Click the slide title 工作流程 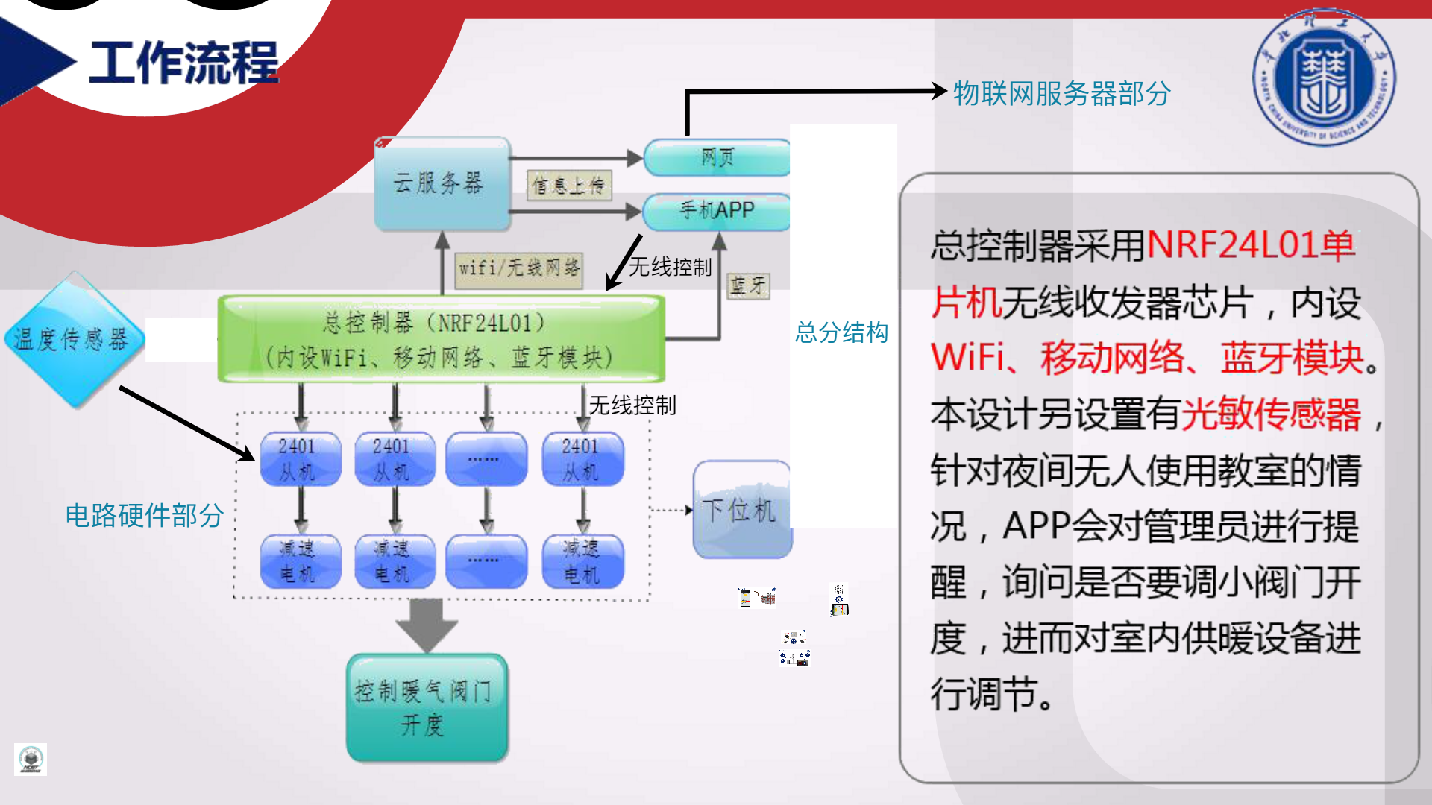tap(183, 63)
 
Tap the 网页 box tap(716, 158)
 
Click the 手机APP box tap(716, 211)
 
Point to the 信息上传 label tap(569, 186)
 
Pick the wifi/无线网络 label tap(519, 268)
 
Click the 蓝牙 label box tap(747, 285)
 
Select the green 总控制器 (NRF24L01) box tap(441, 340)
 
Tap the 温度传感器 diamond tap(73, 340)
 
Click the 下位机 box tap(741, 511)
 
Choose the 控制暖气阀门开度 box tap(427, 708)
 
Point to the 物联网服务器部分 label tap(1061, 94)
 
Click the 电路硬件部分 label tap(144, 515)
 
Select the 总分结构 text tap(841, 332)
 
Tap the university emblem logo tap(1324, 78)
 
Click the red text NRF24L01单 tap(1250, 245)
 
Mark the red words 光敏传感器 tap(1272, 414)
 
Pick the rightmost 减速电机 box tap(582, 561)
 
